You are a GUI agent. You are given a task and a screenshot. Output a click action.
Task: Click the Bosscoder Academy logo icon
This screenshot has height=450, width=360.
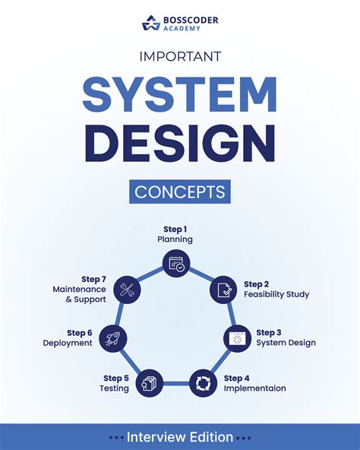pyautogui.click(x=151, y=23)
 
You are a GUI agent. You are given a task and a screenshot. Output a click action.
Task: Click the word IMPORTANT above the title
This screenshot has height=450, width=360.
pyautogui.click(x=180, y=56)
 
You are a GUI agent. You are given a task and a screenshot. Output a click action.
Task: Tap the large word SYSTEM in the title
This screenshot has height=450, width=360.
pyautogui.click(x=180, y=94)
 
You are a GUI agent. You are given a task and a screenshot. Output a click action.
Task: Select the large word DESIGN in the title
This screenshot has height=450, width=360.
pyautogui.click(x=180, y=143)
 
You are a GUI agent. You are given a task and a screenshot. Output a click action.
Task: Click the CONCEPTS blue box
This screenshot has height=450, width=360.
pyautogui.click(x=180, y=192)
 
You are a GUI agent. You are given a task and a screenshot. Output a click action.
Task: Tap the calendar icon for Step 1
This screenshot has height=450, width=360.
pyautogui.click(x=176, y=263)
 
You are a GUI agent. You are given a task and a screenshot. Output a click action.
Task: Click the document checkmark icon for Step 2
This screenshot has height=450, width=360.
pyautogui.click(x=223, y=290)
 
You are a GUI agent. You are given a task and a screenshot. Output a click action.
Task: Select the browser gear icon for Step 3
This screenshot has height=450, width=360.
pyautogui.click(x=237, y=339)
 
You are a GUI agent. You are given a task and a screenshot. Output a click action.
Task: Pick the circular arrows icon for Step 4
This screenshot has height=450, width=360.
pyautogui.click(x=203, y=383)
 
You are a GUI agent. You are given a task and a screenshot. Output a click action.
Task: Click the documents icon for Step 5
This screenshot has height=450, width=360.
pyautogui.click(x=150, y=383)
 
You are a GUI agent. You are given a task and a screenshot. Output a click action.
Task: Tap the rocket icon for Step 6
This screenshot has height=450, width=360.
pyautogui.click(x=113, y=339)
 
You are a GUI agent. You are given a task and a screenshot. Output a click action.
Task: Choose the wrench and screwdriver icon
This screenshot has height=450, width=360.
pyautogui.click(x=127, y=290)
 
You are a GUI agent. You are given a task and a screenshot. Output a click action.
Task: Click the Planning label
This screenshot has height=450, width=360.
pyautogui.click(x=175, y=239)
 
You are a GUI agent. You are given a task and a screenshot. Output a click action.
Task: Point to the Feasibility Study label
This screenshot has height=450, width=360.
pyautogui.click(x=276, y=294)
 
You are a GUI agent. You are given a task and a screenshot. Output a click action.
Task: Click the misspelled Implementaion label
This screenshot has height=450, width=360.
pyautogui.click(x=254, y=388)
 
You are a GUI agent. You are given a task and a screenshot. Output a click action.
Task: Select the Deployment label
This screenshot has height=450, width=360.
pyautogui.click(x=68, y=344)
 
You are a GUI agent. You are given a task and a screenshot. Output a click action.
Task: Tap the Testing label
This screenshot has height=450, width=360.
pyautogui.click(x=114, y=388)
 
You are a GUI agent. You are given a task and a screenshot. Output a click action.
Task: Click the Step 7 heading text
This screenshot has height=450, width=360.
pyautogui.click(x=94, y=279)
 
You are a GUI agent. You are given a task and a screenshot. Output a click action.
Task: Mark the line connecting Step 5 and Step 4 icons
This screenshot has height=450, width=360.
pyautogui.click(x=176, y=383)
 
